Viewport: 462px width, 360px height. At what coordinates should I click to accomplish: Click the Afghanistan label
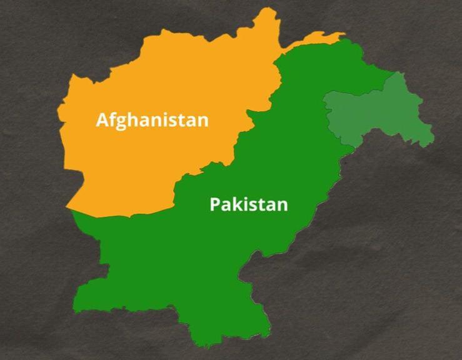(152, 119)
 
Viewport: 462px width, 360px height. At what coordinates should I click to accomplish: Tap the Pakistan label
(248, 204)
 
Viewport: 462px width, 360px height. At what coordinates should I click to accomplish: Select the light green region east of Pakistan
(375, 116)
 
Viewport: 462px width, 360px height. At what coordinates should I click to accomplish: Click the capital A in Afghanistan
(103, 119)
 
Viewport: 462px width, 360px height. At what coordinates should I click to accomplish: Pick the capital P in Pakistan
(215, 204)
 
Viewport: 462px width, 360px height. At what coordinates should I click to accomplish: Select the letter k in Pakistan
(237, 204)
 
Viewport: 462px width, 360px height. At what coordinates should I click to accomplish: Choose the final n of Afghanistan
(202, 121)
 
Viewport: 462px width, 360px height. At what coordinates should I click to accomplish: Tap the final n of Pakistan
(282, 206)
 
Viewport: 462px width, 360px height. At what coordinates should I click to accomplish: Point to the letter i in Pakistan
(246, 204)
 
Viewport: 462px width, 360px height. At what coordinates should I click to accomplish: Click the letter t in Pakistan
(261, 204)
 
